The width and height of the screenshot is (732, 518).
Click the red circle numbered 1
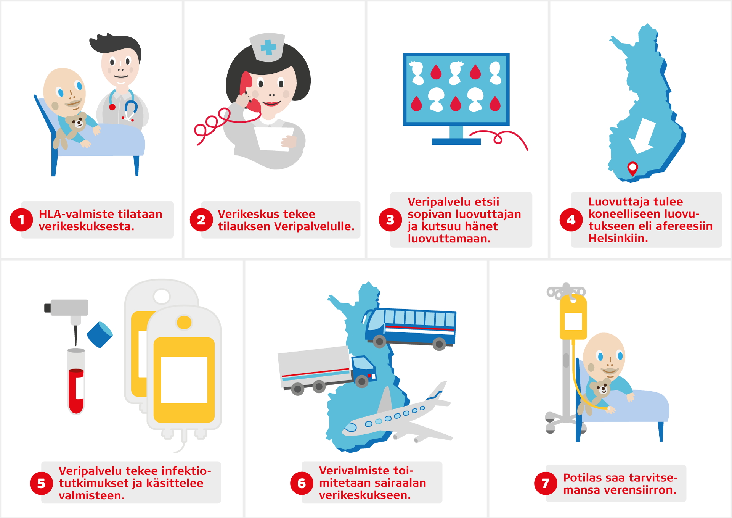21,220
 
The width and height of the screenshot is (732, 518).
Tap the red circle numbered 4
571,220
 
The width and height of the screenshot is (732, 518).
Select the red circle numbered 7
546,483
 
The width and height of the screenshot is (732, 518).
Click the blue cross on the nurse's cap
268,47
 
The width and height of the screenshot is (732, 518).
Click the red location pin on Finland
632,169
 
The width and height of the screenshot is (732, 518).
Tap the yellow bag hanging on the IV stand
573,317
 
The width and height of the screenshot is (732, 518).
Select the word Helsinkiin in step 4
618,239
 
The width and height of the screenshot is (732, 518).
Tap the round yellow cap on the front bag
184,322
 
